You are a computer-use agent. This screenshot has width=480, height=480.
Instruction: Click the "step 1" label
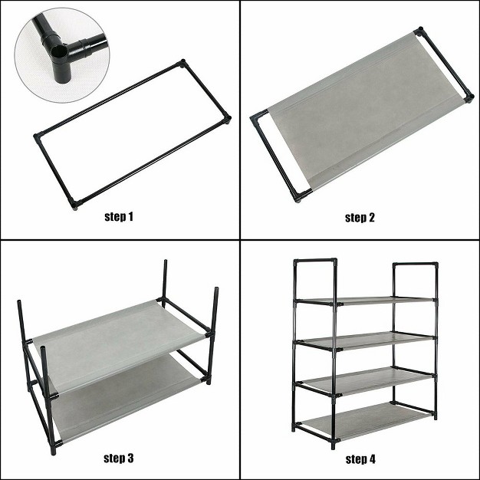click(119, 217)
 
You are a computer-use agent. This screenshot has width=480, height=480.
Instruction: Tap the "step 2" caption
click(360, 217)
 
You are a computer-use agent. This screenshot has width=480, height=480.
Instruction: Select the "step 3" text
click(119, 459)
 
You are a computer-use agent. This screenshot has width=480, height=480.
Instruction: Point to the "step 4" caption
click(360, 459)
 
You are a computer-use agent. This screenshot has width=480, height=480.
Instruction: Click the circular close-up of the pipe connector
click(53, 45)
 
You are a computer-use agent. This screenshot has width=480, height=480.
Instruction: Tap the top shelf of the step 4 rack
click(364, 300)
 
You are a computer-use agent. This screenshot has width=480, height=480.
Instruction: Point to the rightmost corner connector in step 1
click(227, 120)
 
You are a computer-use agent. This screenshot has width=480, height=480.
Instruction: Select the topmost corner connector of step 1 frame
click(182, 64)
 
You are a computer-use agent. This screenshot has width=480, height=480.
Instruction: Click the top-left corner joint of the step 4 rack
click(296, 264)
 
